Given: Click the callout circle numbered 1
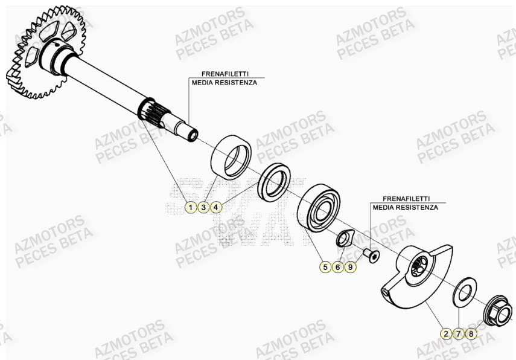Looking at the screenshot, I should (190, 207).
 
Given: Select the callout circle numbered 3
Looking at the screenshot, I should (203, 207).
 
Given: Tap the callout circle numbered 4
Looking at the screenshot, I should (217, 207).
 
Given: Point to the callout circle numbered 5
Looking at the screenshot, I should (325, 266).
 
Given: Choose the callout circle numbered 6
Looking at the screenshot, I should (338, 266).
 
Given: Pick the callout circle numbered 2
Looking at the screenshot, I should (445, 333).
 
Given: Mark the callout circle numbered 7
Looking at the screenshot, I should (459, 333).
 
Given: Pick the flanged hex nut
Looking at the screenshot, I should (498, 314).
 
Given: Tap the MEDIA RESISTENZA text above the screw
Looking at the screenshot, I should (405, 207).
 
